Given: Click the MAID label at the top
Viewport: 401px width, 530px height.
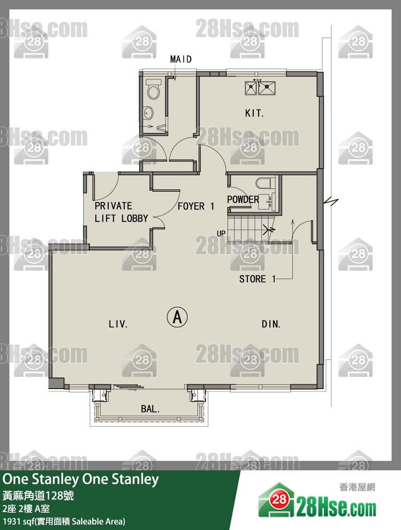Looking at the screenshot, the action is click(x=181, y=59).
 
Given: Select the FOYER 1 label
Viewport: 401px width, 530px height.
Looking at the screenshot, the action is click(x=196, y=206).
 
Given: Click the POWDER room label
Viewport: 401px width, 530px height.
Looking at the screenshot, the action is click(x=243, y=199).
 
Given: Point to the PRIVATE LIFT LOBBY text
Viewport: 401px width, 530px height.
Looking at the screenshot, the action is click(x=121, y=212).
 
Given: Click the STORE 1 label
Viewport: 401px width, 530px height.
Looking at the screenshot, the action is click(x=257, y=279).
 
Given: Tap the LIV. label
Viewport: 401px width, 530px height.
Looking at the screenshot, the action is click(x=118, y=324).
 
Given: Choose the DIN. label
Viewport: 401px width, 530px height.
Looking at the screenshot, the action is click(x=271, y=324).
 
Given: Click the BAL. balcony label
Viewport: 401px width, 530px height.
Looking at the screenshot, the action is click(x=150, y=409).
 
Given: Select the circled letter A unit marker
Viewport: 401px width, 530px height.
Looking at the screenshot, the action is click(x=177, y=317).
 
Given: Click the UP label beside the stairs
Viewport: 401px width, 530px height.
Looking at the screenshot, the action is click(x=221, y=233).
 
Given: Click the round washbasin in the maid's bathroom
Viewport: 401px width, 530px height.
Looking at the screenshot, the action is click(x=148, y=113).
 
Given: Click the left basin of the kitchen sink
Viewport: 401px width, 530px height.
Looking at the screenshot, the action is click(x=251, y=88).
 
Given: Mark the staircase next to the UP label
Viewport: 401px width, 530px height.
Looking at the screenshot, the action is click(x=251, y=229).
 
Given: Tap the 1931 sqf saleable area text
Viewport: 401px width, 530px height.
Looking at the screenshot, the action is click(x=64, y=521).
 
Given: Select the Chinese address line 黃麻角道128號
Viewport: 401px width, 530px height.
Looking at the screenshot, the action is click(x=38, y=496).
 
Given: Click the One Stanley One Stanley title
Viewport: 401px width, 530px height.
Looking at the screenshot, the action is click(x=80, y=479).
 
